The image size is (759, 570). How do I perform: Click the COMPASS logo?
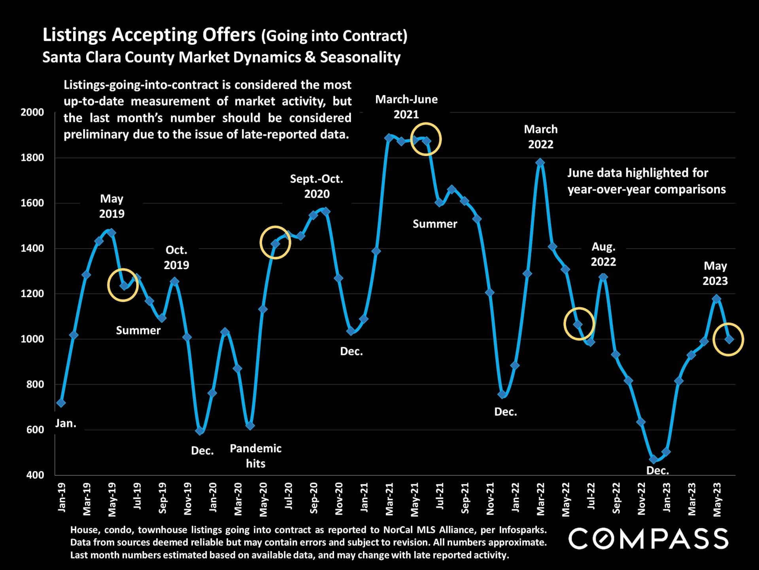pos(648,539)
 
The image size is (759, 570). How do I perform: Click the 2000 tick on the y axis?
pos(32,112)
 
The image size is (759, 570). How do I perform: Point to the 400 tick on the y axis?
pos(35,475)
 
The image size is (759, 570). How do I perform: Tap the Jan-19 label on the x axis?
pos(62,498)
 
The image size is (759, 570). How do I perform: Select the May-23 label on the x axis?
pos(717,500)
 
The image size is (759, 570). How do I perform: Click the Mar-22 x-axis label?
pos(540,499)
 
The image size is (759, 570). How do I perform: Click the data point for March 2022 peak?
pos(540,163)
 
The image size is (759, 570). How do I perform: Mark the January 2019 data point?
pos(61,403)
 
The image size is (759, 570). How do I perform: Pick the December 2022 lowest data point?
pos(653,460)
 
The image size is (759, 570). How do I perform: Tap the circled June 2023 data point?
pos(729,339)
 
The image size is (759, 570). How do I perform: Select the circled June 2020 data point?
pos(276,243)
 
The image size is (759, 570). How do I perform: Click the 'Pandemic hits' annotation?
pos(255,456)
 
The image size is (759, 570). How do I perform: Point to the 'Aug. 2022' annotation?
pos(603,254)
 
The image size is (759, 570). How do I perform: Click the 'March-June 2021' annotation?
pos(406,107)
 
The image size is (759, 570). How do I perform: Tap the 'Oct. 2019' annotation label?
pos(176,257)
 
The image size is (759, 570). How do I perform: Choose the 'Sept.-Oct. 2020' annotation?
pos(317,186)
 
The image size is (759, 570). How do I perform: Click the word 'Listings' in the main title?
pos(74,35)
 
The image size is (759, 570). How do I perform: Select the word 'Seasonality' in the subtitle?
pos(360,57)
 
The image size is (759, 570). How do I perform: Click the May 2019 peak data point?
pos(111,233)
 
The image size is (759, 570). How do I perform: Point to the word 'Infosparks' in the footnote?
pos(522,530)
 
